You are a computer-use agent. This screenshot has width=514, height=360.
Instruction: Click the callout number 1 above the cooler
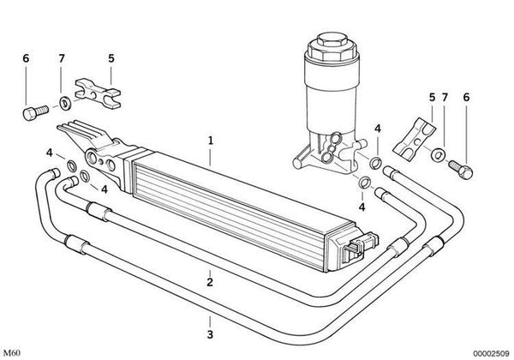coord(211,138)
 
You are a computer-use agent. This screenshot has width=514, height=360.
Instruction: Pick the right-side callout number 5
coord(432,98)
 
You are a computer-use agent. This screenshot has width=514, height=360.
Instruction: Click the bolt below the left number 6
coord(31,111)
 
